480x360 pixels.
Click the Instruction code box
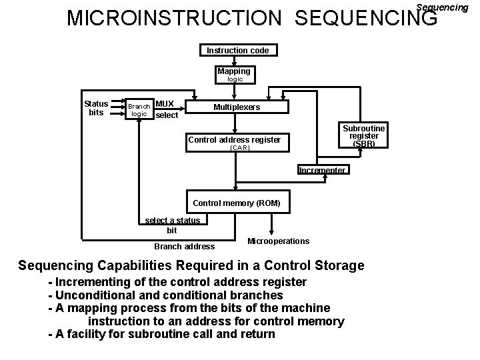click(x=237, y=51)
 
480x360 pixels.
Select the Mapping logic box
click(x=234, y=75)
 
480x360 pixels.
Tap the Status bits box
click(x=96, y=108)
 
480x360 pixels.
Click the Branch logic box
click(x=139, y=110)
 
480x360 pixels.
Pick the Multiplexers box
click(x=237, y=107)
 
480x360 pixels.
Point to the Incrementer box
click(x=322, y=170)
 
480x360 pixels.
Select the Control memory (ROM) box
click(x=236, y=202)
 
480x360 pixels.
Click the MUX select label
click(x=166, y=109)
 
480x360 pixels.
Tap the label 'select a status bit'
click(x=172, y=225)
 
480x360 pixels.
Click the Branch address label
click(x=184, y=247)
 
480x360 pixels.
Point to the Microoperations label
click(x=278, y=241)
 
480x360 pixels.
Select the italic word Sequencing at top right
click(x=441, y=7)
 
